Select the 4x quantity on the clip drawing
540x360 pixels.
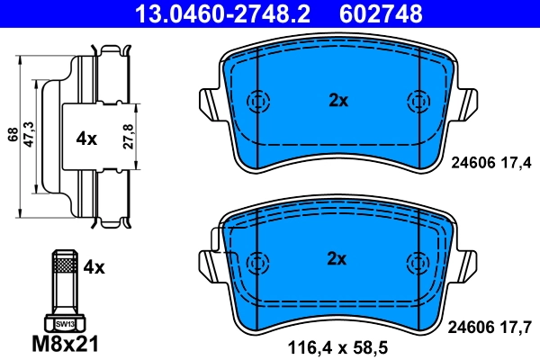(86, 139)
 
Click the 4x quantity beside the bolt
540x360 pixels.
(94, 266)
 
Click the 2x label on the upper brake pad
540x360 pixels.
(337, 101)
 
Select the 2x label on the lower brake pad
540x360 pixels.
(337, 259)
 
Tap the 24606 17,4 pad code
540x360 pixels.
(490, 162)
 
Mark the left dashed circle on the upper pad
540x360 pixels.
(258, 102)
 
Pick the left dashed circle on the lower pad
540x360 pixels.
(258, 261)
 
